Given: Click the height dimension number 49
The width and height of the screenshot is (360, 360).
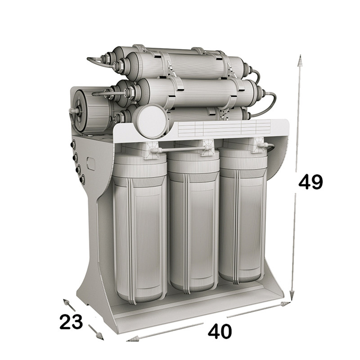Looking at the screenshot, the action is pyautogui.click(x=310, y=182).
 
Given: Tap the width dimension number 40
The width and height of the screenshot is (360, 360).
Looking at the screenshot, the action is pyautogui.click(x=220, y=331).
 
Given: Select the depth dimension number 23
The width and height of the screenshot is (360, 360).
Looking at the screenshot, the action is pyautogui.click(x=71, y=322).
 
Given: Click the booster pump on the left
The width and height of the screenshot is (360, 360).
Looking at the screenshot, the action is pyautogui.click(x=92, y=112).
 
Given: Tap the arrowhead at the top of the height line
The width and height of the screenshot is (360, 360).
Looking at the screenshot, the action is pyautogui.click(x=299, y=60).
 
